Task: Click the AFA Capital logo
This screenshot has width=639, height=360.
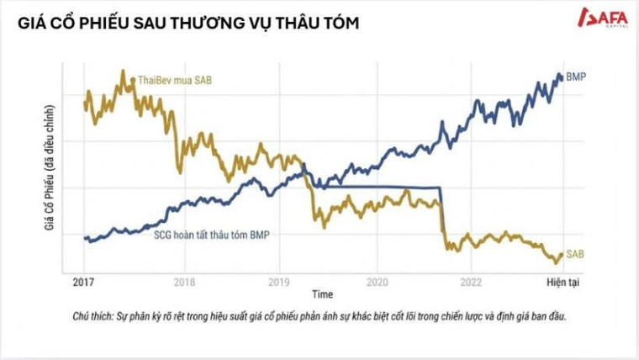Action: click(x=600, y=17)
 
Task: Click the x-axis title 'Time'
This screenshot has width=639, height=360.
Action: click(x=322, y=295)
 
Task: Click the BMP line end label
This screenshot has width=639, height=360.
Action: click(x=577, y=77)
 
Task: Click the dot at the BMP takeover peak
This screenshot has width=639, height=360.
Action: click(x=304, y=165)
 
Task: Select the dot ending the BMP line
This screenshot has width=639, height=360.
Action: click(x=562, y=77)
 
